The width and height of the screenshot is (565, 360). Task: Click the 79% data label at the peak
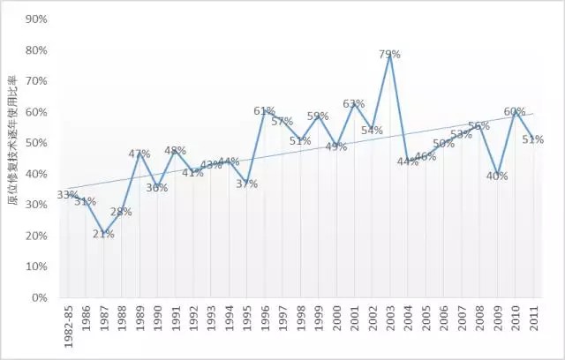pyautogui.click(x=390, y=55)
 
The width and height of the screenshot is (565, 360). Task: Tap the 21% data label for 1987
pyautogui.click(x=103, y=234)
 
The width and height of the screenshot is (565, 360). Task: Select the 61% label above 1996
pyautogui.click(x=265, y=111)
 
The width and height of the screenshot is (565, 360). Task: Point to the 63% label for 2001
pyautogui.click(x=354, y=104)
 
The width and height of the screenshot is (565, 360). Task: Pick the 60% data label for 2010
pyautogui.click(x=515, y=112)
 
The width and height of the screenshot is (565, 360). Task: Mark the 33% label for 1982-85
pyautogui.click(x=67, y=195)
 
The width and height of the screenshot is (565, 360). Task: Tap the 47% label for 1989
pyautogui.click(x=139, y=154)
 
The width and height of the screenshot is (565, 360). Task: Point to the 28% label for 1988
pyautogui.click(x=121, y=212)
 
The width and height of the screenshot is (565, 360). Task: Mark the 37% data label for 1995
pyautogui.click(x=246, y=184)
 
